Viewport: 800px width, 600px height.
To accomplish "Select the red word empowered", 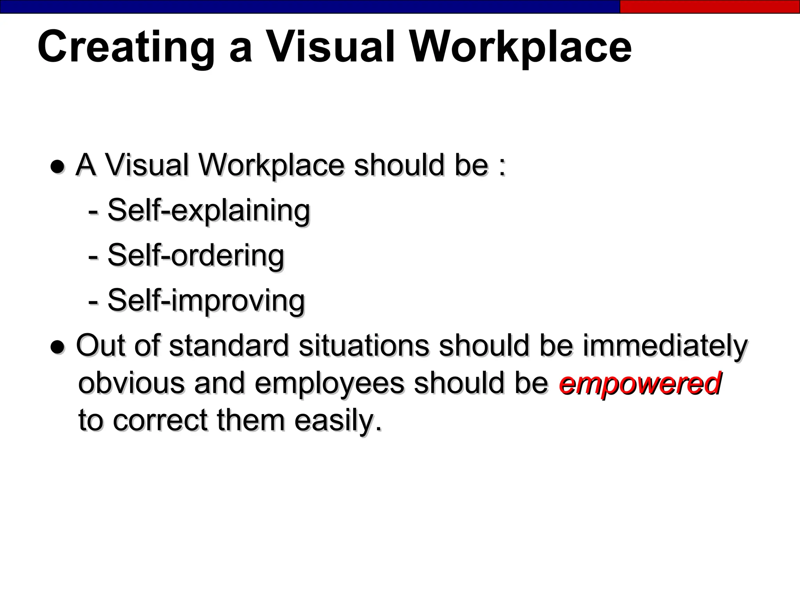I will [x=639, y=383].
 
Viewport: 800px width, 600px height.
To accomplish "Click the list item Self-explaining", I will [x=209, y=211].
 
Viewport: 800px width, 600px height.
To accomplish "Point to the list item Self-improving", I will [x=206, y=301].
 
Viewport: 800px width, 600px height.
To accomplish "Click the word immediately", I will [x=665, y=346].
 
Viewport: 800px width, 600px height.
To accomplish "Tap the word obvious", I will [x=131, y=383].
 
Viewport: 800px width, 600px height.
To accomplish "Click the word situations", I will [x=364, y=346].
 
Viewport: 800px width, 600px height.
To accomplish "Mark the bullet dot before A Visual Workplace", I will [x=57, y=167].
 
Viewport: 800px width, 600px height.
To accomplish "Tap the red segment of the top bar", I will [x=709, y=7].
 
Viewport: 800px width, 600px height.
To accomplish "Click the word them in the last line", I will [x=250, y=420].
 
